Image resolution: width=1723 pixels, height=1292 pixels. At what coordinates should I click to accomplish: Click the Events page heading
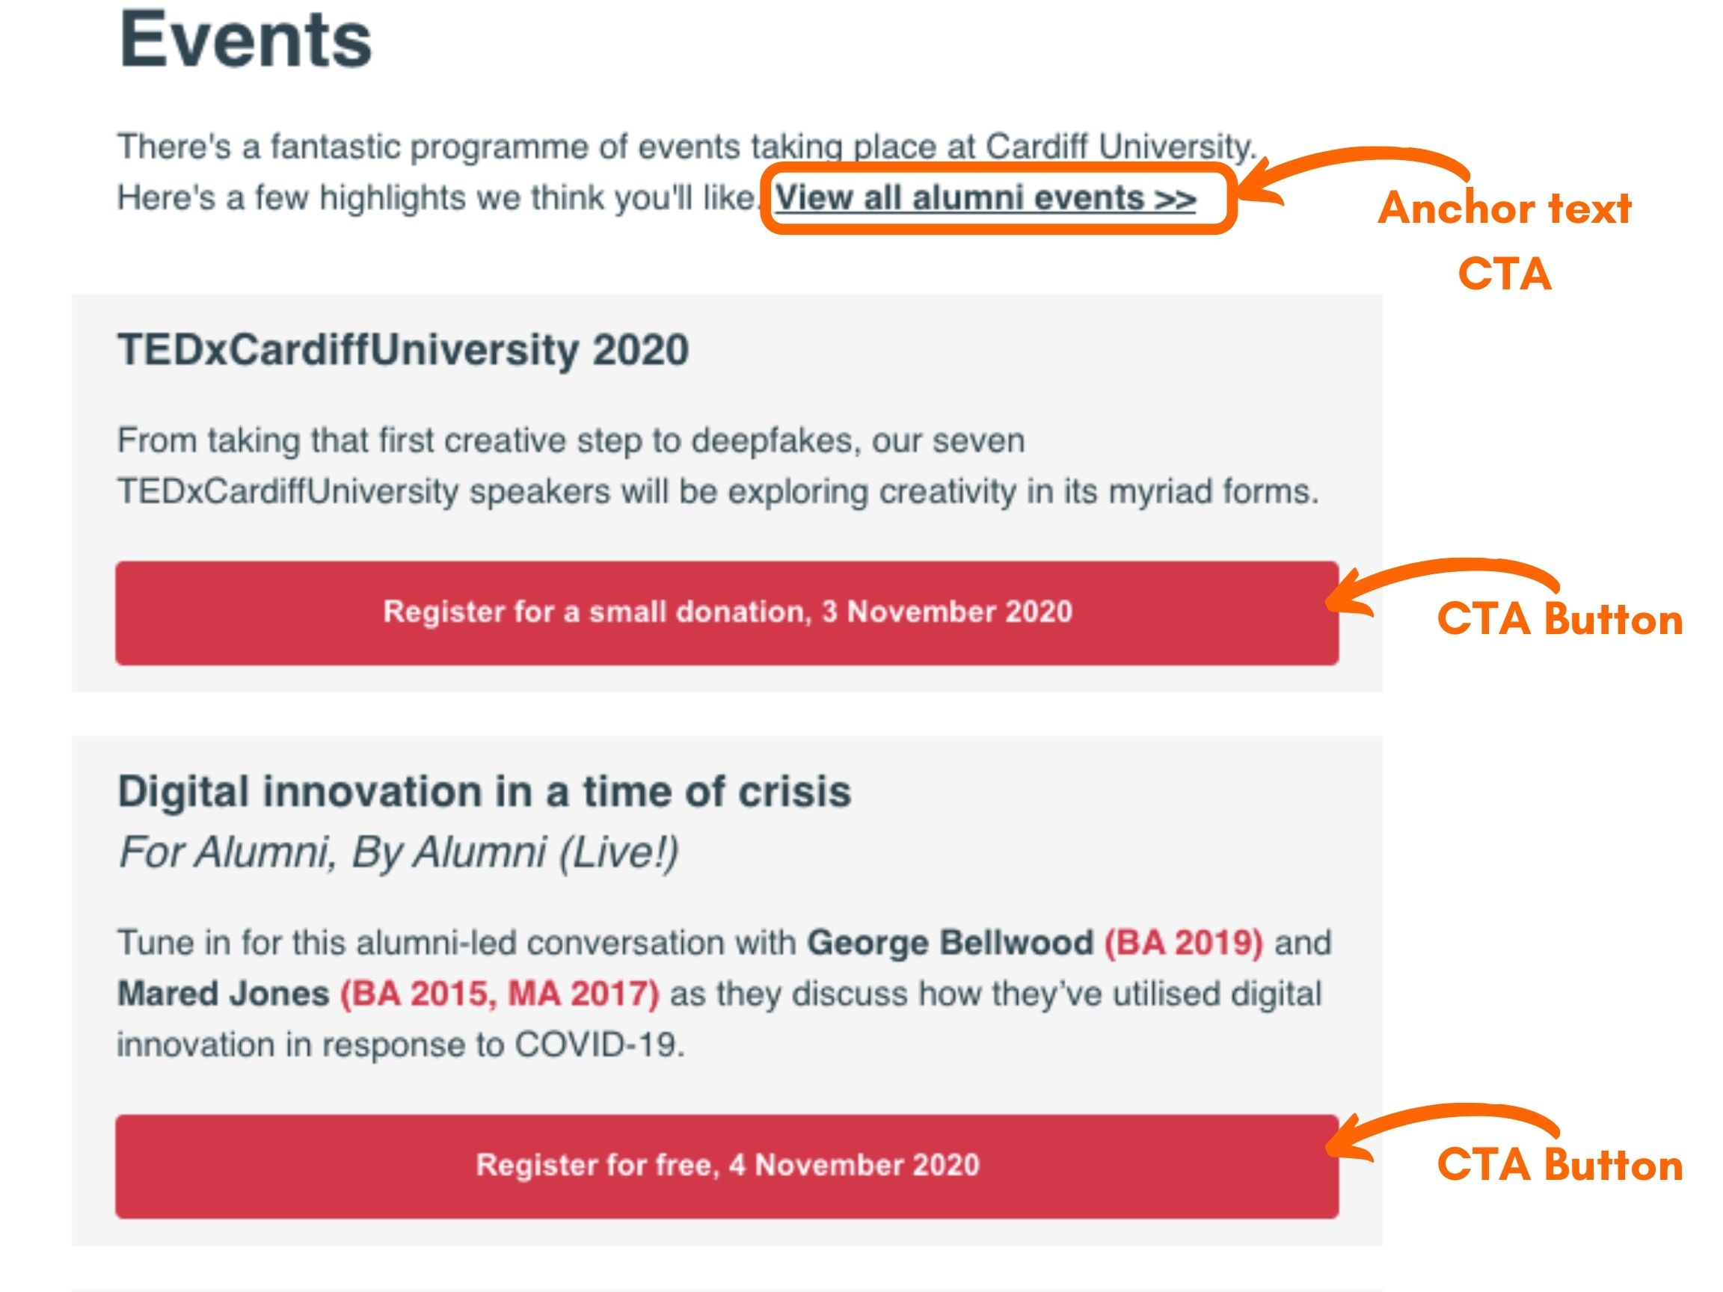[x=245, y=40]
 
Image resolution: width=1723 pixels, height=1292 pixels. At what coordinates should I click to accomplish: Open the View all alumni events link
[x=986, y=198]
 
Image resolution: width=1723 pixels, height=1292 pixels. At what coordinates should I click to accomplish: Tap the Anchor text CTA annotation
[x=1504, y=241]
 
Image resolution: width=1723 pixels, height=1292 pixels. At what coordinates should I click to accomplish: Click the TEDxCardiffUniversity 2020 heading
[x=403, y=349]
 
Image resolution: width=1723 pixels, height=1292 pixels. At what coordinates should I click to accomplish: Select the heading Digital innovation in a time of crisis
[x=484, y=791]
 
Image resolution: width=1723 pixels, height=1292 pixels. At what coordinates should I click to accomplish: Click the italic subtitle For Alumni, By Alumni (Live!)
[x=398, y=852]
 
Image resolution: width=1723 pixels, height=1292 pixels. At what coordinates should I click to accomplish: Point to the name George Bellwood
[x=950, y=942]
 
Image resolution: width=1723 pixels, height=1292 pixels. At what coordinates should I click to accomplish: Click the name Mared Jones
[x=224, y=994]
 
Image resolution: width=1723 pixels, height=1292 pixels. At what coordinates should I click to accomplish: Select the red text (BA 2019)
[x=1184, y=943]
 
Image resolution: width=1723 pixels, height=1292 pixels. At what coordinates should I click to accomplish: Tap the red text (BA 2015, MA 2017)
[x=500, y=994]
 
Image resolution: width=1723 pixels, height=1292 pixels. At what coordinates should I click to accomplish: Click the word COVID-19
[x=600, y=1045]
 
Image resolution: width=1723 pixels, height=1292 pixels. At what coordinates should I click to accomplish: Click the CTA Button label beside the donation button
[x=1559, y=620]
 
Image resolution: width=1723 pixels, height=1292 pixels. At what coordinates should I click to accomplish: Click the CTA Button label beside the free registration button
[x=1559, y=1165]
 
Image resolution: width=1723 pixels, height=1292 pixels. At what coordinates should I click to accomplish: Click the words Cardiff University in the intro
[x=1121, y=147]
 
